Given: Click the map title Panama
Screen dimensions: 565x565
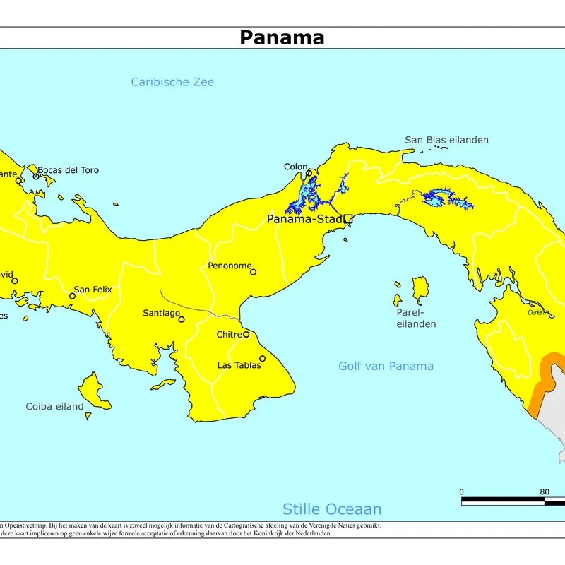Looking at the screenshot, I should (282, 37).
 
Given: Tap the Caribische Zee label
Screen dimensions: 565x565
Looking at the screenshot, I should (172, 82).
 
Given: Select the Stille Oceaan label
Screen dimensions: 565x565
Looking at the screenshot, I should (332, 509).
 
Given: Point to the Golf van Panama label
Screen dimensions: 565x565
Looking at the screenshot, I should (386, 366).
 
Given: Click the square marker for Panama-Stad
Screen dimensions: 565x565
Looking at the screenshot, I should (347, 220).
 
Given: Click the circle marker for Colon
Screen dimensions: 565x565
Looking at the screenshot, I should (309, 173).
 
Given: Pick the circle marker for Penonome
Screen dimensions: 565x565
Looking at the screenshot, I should (254, 272).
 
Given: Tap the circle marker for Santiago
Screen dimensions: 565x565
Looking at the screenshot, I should (182, 319).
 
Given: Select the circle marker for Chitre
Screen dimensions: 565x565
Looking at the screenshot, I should (246, 334).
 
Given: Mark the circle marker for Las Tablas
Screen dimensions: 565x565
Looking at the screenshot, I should (262, 359).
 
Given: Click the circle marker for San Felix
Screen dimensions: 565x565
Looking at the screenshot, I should (72, 296).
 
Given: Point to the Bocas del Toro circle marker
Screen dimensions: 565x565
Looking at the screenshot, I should (36, 176).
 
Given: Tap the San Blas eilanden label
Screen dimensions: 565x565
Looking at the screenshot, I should (446, 140).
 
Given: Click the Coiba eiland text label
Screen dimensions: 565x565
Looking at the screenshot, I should (54, 406).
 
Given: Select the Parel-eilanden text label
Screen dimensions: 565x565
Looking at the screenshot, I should (415, 318).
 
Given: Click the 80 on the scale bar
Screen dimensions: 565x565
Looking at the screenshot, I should (545, 492).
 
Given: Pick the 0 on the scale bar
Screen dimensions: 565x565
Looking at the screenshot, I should (462, 492).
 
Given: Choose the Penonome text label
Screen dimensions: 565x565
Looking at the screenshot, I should (230, 266).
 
